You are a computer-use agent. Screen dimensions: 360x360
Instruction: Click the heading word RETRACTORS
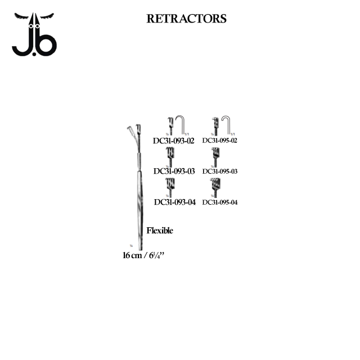pos(186,19)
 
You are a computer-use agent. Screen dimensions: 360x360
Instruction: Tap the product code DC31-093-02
pos(173,141)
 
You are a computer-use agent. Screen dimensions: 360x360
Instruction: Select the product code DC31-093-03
pos(174,172)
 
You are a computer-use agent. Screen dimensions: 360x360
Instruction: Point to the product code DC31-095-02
pos(220,141)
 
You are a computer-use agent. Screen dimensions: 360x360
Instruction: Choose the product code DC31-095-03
pos(220,172)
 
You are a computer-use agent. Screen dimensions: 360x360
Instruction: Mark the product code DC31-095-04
pos(220,202)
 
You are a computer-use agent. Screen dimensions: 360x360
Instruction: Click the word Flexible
pos(160,231)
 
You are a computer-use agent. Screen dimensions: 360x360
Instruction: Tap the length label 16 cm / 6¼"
pos(143,255)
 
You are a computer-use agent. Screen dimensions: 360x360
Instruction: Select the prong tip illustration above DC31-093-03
pos(170,155)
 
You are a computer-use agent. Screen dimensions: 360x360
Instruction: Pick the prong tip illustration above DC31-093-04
pos(170,185)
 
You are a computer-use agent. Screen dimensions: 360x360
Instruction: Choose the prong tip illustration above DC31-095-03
pos(215,155)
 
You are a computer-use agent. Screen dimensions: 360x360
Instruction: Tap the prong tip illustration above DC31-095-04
pos(215,185)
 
